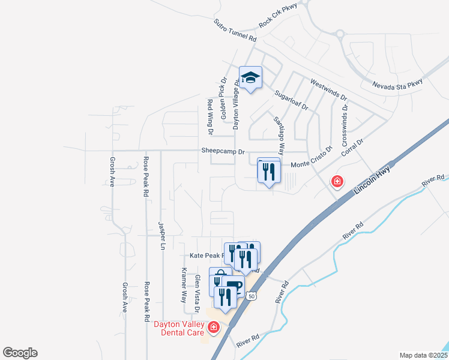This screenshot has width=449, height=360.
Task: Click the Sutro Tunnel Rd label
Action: (235, 31)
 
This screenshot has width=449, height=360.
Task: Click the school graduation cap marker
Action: (250, 78)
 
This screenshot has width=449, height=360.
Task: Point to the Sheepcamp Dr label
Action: (222, 152)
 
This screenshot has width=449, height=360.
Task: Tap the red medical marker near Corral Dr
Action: (337, 181)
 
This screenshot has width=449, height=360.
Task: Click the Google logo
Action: (20, 353)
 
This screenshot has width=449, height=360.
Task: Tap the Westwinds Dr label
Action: (329, 89)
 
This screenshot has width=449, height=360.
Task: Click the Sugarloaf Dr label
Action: (291, 101)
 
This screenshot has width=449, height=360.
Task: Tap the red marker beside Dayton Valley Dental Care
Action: (213, 327)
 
